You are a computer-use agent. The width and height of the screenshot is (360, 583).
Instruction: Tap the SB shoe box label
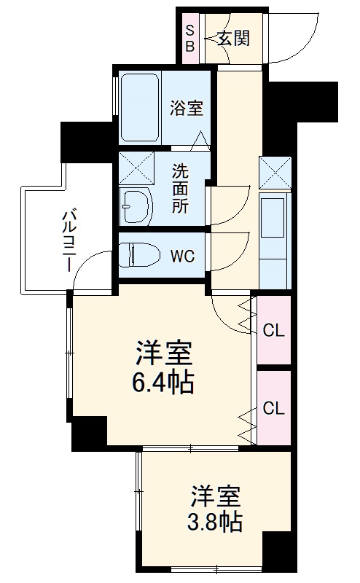tap(190, 38)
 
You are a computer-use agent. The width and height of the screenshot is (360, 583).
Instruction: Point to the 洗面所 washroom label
tap(180, 189)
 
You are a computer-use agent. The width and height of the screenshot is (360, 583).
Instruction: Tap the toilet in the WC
tap(143, 255)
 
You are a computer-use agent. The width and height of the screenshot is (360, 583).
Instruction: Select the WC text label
tap(182, 257)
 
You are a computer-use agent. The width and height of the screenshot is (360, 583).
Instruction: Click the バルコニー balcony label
tap(69, 240)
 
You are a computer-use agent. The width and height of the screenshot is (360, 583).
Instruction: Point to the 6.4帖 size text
tap(163, 383)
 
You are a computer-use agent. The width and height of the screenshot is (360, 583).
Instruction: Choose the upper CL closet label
tap(273, 330)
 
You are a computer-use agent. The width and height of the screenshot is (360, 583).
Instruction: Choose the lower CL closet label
tap(273, 408)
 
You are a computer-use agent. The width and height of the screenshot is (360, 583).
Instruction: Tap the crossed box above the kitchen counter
tap(275, 172)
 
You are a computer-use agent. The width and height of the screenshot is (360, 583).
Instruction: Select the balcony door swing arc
tap(91, 270)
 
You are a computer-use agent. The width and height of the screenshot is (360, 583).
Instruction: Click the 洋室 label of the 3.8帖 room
tap(216, 497)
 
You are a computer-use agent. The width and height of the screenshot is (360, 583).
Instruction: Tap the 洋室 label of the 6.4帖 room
tap(163, 355)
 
